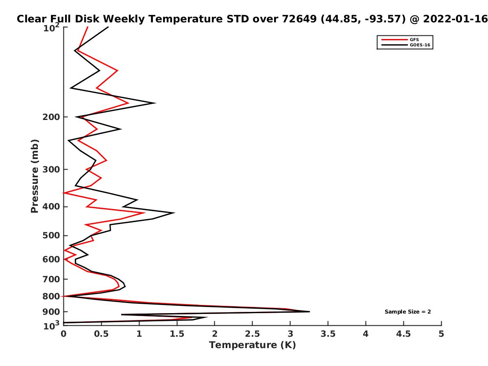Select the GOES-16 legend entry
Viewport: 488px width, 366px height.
pos(405,45)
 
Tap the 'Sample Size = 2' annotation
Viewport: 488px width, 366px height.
pos(407,312)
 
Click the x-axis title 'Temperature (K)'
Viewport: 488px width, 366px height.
pos(252,345)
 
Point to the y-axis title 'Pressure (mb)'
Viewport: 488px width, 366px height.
pos(35,176)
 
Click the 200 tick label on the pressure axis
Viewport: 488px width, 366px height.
pos(51,117)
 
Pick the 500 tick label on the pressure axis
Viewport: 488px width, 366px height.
pos(51,235)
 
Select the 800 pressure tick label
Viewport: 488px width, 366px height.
pos(51,296)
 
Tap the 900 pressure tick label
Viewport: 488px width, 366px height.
pos(51,312)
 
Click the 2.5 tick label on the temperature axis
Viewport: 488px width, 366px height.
pos(252,334)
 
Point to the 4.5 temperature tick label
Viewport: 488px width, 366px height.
pos(403,334)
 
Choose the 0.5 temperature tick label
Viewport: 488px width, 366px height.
pos(101,334)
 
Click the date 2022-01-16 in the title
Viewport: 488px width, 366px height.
pos(455,19)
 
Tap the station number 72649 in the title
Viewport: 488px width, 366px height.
pos(299,19)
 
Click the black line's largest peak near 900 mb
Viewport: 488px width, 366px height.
pos(309,312)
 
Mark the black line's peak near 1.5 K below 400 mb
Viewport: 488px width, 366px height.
pos(174,213)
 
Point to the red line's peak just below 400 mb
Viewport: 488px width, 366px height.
pos(145,213)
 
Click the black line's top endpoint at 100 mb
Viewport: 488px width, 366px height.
pos(108,27)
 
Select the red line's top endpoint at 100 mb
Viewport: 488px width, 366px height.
pos(87,27)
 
